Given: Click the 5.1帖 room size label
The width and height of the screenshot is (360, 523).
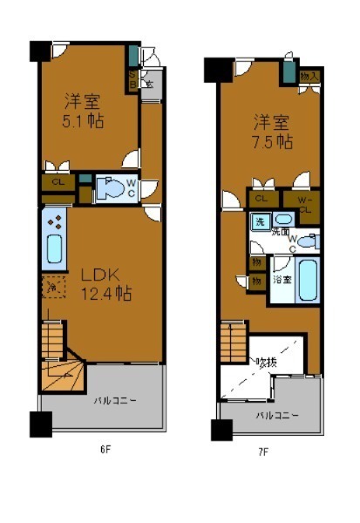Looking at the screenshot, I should pyautogui.click(x=84, y=120).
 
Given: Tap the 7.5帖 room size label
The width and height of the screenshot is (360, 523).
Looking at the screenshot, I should pyautogui.click(x=271, y=141).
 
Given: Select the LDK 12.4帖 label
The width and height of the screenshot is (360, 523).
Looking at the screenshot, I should pyautogui.click(x=105, y=294).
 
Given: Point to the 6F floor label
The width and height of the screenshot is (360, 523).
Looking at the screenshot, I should pyautogui.click(x=104, y=450).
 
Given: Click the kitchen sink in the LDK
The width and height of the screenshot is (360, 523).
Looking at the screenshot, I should pyautogui.click(x=54, y=249).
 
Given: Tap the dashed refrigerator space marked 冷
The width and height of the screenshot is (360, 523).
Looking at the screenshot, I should pyautogui.click(x=51, y=288).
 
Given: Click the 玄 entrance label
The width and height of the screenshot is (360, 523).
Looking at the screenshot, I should pyautogui.click(x=150, y=84).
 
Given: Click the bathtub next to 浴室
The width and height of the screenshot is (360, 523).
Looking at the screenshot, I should pyautogui.click(x=308, y=279).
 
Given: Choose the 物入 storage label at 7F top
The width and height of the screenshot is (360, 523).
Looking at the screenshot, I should pyautogui.click(x=309, y=77).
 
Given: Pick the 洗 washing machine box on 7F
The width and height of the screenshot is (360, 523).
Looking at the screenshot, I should pyautogui.click(x=259, y=221).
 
